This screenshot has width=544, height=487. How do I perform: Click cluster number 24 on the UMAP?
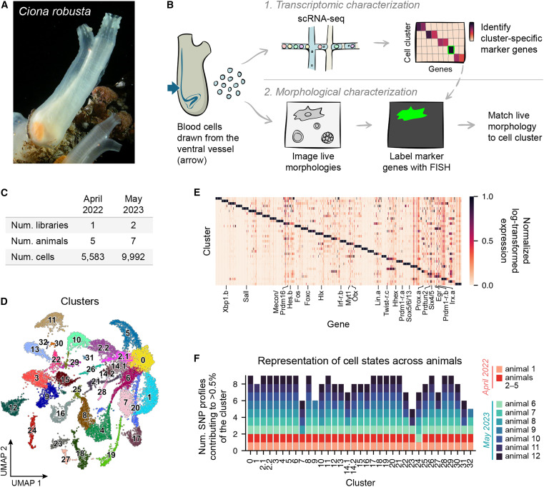31,431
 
